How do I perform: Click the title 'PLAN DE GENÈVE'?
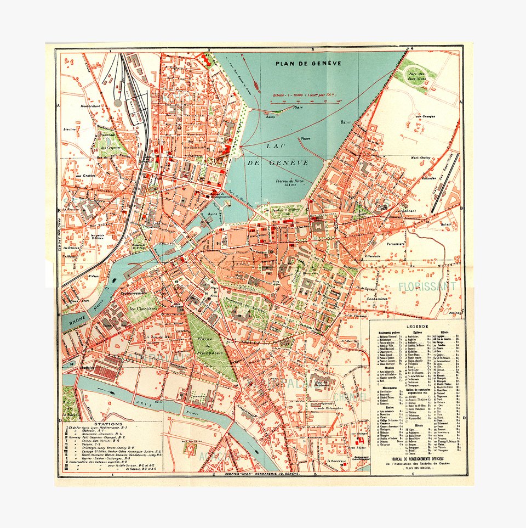308,63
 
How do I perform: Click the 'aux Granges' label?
425,116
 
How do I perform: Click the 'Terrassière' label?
395,243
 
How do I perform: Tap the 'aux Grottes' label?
85,176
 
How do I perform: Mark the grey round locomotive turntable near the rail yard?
118,103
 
